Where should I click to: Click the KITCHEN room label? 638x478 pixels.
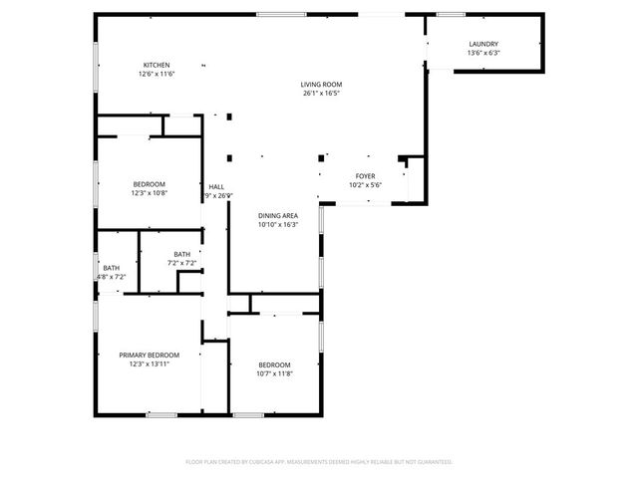(x=157, y=65)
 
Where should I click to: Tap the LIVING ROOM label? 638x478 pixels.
(x=322, y=85)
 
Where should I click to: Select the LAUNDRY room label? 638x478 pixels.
(x=483, y=44)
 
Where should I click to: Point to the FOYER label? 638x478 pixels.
(x=365, y=176)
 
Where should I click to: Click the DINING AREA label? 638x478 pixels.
(x=278, y=216)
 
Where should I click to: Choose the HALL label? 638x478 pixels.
(x=216, y=187)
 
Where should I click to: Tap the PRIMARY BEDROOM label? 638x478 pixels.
(x=150, y=356)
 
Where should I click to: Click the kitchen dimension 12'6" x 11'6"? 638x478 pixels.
(x=157, y=75)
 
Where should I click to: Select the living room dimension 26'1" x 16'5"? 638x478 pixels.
(x=322, y=95)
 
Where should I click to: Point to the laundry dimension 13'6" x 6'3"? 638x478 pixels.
(x=483, y=54)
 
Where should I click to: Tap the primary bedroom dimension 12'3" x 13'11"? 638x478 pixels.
(x=150, y=365)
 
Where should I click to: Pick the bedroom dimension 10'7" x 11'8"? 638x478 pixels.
(x=274, y=374)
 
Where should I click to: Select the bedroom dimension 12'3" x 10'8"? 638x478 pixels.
(x=150, y=194)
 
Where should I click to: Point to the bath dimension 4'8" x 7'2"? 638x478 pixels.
(x=111, y=277)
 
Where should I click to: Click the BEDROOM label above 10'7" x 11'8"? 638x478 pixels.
(x=274, y=364)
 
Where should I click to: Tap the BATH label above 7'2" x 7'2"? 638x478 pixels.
(x=181, y=255)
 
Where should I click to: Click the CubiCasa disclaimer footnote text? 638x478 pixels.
(x=319, y=462)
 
